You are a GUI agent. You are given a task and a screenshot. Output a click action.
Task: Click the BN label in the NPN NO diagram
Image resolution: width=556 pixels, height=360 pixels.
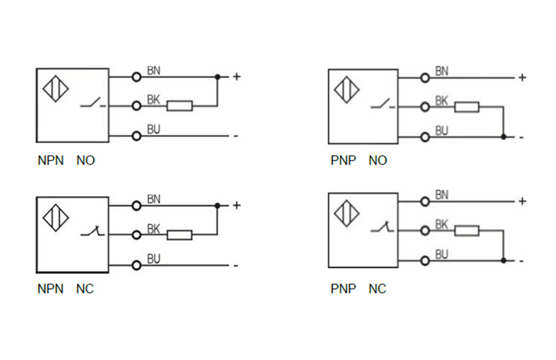click(154, 70)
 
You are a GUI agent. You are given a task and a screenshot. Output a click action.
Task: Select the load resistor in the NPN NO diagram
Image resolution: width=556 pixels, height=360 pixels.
click(180, 105)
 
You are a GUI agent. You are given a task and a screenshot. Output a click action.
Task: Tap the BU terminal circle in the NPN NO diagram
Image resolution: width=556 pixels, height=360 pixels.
click(137, 136)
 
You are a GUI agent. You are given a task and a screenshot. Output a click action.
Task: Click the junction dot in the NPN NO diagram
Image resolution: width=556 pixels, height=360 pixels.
click(217, 77)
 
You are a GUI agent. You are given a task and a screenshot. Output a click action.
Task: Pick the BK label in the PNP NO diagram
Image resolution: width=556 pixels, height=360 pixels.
click(441, 100)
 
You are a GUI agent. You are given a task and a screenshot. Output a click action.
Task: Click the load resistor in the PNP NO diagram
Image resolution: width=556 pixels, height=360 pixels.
click(468, 107)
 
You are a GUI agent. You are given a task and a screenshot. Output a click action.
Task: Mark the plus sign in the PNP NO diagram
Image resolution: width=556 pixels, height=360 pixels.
click(522, 77)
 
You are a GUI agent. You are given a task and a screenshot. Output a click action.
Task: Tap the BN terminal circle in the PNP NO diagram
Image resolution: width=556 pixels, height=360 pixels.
click(425, 77)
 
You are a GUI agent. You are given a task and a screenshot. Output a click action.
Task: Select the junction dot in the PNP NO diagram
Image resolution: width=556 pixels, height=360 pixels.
click(504, 137)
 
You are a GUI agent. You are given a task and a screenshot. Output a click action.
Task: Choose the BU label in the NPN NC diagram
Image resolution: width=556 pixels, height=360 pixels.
click(154, 258)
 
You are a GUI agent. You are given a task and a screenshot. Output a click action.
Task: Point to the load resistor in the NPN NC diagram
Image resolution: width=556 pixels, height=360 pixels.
click(180, 234)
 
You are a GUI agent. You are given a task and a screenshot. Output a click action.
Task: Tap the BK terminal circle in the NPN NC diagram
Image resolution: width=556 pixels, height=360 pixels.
click(137, 234)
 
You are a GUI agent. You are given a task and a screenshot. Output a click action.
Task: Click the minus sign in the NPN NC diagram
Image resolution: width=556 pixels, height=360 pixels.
click(234, 266)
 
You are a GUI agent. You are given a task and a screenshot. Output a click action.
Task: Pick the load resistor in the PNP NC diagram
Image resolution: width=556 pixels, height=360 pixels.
click(468, 230)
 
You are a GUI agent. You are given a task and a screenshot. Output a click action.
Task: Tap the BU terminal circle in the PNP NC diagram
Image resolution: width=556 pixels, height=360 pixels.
click(425, 260)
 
